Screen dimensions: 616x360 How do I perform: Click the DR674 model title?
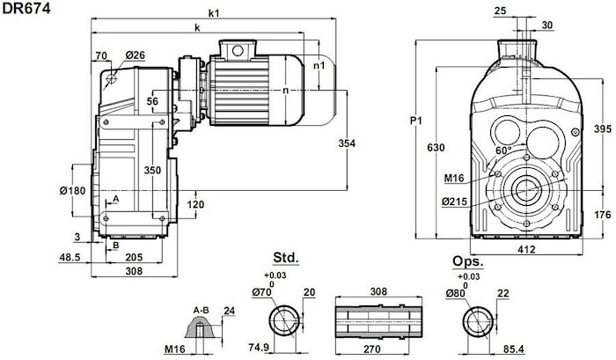[x=26, y=8]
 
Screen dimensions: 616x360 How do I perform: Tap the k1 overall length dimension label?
[x=214, y=13]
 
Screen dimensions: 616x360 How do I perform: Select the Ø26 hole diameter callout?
[x=136, y=55]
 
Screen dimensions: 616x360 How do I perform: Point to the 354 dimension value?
[x=347, y=143]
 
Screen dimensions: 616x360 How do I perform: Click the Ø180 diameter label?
[x=73, y=191]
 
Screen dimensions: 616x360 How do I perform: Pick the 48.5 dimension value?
[x=70, y=257]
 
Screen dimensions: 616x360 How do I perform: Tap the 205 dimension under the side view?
[x=134, y=257]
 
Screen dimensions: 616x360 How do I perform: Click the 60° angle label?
[x=503, y=151]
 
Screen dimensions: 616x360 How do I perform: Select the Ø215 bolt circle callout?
[x=455, y=202]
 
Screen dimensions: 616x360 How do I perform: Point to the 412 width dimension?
[x=526, y=249]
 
